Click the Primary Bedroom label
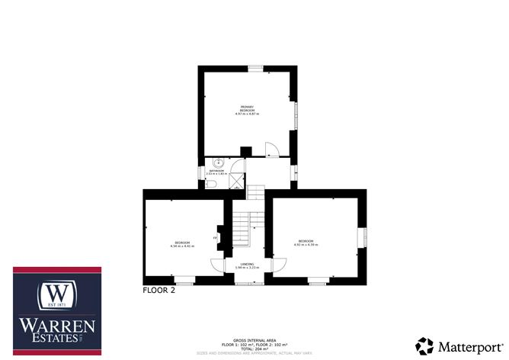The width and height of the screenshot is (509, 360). click(x=247, y=109)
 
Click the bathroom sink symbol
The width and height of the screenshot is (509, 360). click(x=219, y=162)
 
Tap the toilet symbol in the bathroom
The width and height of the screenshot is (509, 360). click(x=213, y=183)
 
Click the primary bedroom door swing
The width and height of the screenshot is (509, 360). click(x=271, y=149)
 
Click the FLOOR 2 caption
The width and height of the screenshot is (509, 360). click(x=159, y=290)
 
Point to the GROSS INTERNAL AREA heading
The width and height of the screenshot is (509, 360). click(x=254, y=339)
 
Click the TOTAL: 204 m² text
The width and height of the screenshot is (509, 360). click(x=254, y=349)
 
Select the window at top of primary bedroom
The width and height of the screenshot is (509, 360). click(x=254, y=68)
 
